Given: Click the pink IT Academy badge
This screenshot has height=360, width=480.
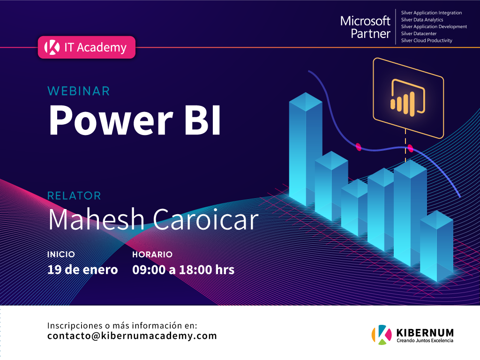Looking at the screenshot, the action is tap(87, 47).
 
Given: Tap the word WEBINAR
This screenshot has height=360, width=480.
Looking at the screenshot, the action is tap(79, 91).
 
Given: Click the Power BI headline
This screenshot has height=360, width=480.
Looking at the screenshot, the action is tap(135, 120).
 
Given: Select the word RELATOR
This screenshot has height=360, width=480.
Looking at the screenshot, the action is tap(74, 196).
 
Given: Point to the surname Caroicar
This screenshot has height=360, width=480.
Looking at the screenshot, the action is tap(206, 219).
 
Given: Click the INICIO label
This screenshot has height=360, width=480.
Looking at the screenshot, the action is tap(61, 255).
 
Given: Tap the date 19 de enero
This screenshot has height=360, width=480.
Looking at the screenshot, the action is tap(82, 270).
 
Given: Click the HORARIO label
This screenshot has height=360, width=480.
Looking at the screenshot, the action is tap(152, 255).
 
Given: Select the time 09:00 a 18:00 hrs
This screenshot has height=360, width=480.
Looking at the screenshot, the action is tap(183, 270).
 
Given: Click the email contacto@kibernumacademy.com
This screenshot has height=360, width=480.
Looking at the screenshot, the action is tap(132, 336).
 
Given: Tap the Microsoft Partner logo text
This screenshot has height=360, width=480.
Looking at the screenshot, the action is tap(366, 27).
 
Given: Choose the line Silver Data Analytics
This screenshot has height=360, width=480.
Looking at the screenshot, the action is tap(422, 20).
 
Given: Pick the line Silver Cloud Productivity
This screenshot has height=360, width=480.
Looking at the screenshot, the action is tap(427, 40).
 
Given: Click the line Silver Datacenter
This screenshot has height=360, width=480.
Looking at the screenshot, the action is tap(419, 34).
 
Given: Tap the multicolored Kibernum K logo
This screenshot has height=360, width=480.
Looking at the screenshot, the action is tap(382, 335).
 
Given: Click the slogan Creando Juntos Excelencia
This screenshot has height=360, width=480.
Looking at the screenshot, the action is tap(425, 340).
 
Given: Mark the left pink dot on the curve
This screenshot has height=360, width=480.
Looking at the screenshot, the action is tap(359, 147).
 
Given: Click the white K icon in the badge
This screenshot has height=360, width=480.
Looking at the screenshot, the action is tap(52, 47).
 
